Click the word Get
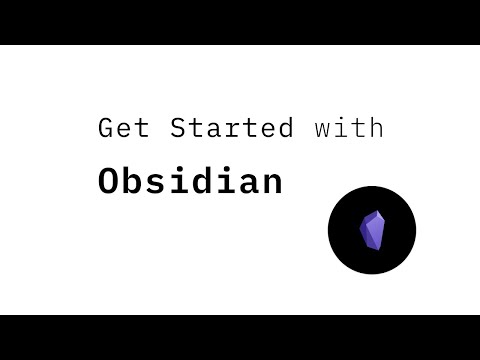pyautogui.click(x=123, y=128)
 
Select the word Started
pyautogui.click(x=231, y=128)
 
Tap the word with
pyautogui.click(x=348, y=128)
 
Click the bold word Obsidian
pyautogui.click(x=190, y=182)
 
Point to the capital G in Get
pyautogui.click(x=106, y=128)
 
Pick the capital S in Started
pyautogui.click(x=178, y=128)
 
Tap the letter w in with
pyautogui.click(x=320, y=129)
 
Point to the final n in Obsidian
pyautogui.click(x=271, y=184)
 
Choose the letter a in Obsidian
pyautogui.click(x=248, y=184)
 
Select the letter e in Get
pyautogui.click(x=123, y=130)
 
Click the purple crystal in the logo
pyautogui.click(x=372, y=231)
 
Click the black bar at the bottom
pyautogui.click(x=240, y=337)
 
